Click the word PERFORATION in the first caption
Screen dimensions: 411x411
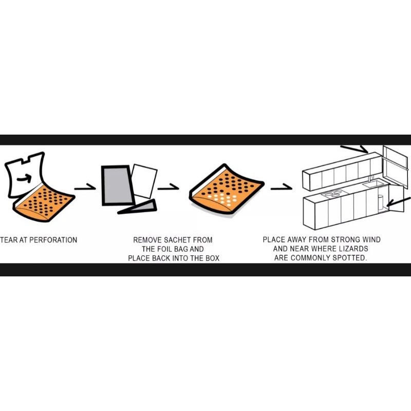click(x=53, y=240)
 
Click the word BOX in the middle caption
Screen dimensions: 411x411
click(x=212, y=258)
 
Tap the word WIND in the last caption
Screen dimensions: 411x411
click(x=371, y=239)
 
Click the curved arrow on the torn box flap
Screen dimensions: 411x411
click(x=24, y=178)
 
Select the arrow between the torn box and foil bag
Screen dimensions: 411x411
click(x=85, y=187)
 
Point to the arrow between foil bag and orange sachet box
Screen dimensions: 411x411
click(x=169, y=187)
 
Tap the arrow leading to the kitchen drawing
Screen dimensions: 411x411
click(x=281, y=187)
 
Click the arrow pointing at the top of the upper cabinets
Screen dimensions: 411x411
click(x=354, y=148)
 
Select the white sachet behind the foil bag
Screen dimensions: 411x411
click(x=144, y=181)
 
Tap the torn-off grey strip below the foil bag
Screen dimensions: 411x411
click(x=137, y=208)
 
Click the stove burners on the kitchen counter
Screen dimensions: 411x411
click(x=332, y=194)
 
